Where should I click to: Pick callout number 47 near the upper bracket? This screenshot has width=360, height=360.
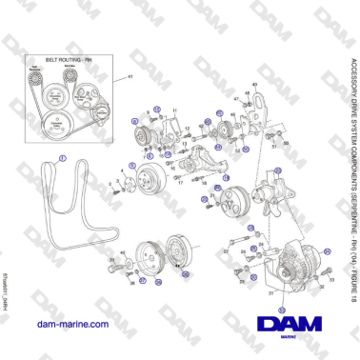coord(247,92)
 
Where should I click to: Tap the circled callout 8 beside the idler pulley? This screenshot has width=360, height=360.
coord(219,148)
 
